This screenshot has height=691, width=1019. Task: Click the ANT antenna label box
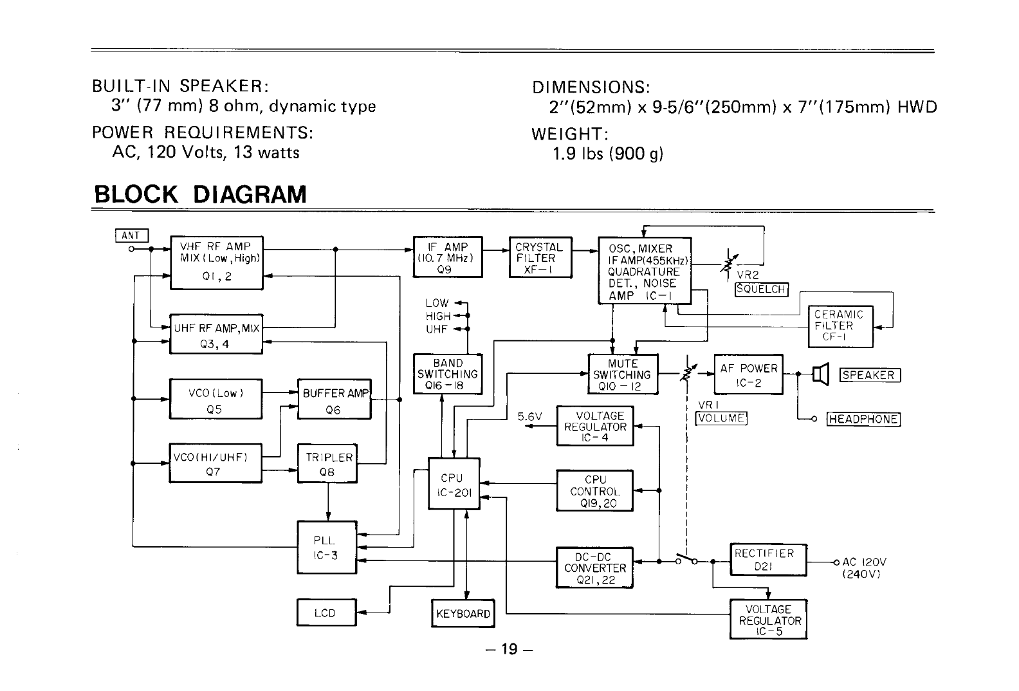[x=132, y=236]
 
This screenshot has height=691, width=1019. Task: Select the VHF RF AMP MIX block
[x=216, y=263]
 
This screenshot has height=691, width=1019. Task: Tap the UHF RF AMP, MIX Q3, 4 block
[x=216, y=335]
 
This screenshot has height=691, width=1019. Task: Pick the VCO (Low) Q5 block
[x=216, y=400]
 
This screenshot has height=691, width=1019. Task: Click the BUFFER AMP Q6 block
[x=335, y=400]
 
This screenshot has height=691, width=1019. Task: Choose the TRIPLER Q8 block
[x=327, y=464]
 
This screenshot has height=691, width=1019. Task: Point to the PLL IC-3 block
[x=326, y=547]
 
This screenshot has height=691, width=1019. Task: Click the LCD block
[x=326, y=613]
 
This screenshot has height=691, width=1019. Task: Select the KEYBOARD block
[x=463, y=613]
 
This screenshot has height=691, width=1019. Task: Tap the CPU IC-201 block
[x=454, y=484]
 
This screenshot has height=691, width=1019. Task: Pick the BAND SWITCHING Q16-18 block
[x=448, y=374]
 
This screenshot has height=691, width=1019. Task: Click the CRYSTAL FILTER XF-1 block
[x=539, y=257]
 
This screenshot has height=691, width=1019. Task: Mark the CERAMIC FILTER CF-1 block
[x=840, y=326]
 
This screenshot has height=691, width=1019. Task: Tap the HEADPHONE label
[x=863, y=419]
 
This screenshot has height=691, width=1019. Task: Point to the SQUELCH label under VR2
[x=762, y=289]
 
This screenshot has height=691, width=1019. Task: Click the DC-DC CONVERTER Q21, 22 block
[x=594, y=567]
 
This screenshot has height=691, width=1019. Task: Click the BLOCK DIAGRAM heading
[x=200, y=194]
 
